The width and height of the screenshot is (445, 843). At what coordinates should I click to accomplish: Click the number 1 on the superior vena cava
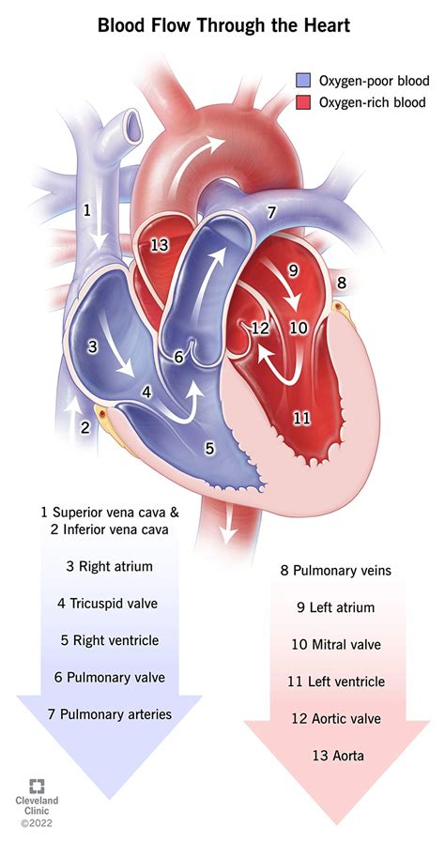[88, 210]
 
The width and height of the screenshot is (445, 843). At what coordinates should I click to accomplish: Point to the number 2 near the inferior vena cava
[84, 428]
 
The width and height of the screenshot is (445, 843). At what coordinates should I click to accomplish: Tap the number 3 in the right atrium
[92, 346]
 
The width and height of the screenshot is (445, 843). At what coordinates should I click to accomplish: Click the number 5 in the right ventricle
[209, 449]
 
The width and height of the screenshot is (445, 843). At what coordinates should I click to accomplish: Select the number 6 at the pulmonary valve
[178, 357]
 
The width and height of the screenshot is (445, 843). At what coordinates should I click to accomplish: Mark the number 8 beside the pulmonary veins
[341, 283]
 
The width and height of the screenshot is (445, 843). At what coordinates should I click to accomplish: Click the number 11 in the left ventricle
[301, 417]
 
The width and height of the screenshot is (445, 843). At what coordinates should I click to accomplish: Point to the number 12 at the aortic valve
[260, 328]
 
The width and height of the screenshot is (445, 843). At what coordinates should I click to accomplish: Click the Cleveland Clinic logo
[38, 801]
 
